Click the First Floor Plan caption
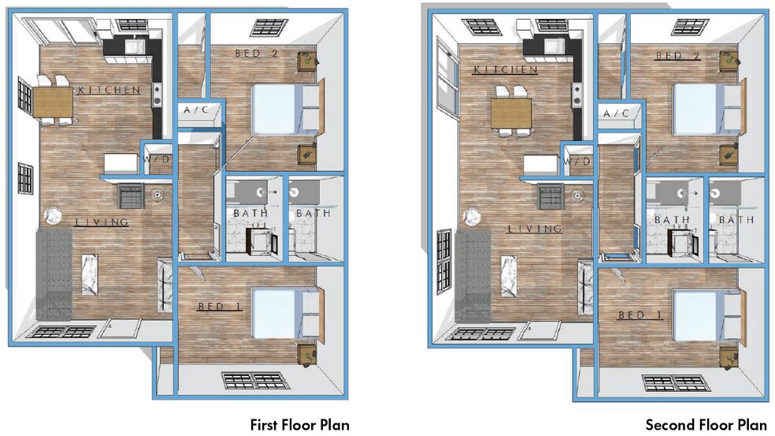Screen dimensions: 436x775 299,425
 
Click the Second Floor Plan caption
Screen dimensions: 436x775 706,425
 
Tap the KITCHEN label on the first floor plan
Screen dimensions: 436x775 109,90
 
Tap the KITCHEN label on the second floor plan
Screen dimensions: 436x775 505,70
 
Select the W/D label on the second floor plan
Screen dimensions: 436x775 577,162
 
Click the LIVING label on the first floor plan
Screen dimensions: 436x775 102,222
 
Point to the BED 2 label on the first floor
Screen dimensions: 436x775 258,54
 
